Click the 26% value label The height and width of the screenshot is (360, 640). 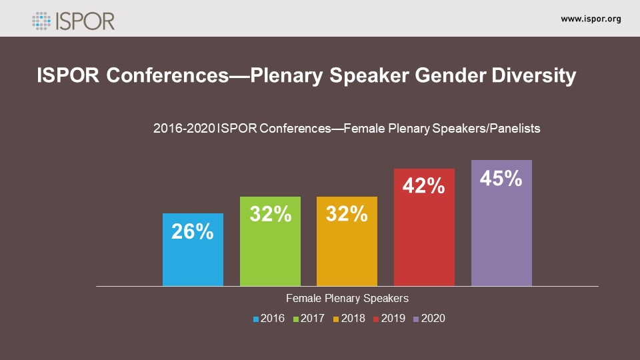pyautogui.click(x=193, y=231)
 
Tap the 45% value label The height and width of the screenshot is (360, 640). pyautogui.click(x=501, y=178)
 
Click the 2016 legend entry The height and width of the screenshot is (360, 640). pyautogui.click(x=269, y=319)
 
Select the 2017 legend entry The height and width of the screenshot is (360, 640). pyautogui.click(x=309, y=319)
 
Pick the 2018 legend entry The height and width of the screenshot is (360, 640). pyautogui.click(x=349, y=319)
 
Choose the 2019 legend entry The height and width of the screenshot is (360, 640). pyautogui.click(x=389, y=319)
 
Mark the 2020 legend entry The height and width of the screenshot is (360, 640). pyautogui.click(x=429, y=319)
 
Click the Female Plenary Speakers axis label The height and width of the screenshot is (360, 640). pyautogui.click(x=347, y=298)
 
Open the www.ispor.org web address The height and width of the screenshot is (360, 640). pyautogui.click(x=591, y=19)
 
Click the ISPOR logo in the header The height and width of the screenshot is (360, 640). pyautogui.click(x=73, y=19)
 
